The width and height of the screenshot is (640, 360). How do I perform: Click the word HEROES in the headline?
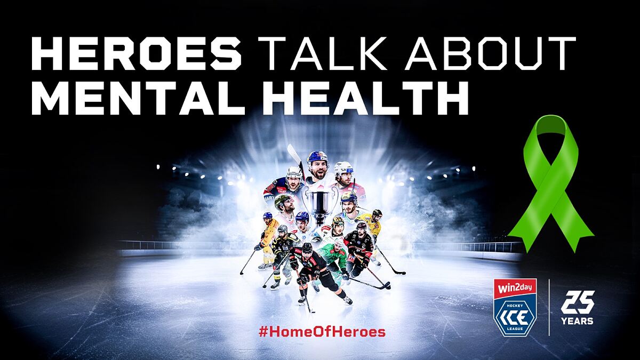tap(137, 53)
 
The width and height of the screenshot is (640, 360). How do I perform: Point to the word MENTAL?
tap(138, 98)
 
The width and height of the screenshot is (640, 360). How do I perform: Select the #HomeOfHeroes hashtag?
tap(322, 332)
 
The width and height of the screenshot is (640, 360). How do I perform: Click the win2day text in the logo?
tap(515, 287)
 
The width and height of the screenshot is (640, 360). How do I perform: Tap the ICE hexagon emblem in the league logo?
tap(515, 318)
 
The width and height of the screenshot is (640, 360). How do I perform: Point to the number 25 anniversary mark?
tap(578, 302)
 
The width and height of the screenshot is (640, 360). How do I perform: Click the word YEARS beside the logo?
tap(577, 321)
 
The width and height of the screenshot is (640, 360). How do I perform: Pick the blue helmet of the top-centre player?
tap(317, 157)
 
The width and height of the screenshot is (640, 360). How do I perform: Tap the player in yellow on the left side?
tap(267, 240)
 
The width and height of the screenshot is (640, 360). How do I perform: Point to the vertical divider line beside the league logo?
tap(549, 307)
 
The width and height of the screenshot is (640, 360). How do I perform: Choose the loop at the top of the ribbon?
tap(551, 129)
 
